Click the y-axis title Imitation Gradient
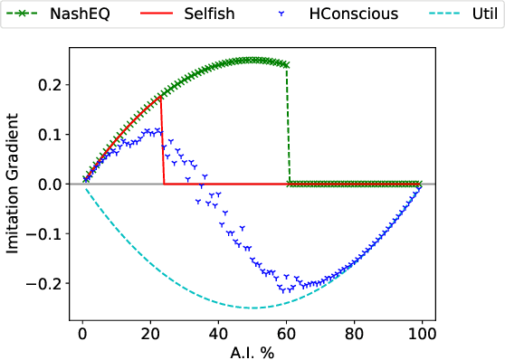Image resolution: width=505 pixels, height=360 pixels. [13, 184]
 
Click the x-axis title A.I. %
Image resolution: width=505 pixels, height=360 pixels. [252, 351]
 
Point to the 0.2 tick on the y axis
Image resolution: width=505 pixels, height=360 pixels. [49, 85]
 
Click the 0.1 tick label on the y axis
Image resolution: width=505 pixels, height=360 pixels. [49, 135]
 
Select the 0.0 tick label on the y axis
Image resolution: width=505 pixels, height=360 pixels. [49, 185]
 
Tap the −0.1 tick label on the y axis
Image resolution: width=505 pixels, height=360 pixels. [44, 234]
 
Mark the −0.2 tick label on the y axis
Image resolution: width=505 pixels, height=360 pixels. [44, 284]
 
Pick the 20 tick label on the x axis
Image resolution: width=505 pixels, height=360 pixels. [150, 331]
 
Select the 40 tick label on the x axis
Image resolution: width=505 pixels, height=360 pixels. [218, 331]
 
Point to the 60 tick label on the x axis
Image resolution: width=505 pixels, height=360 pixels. [286, 331]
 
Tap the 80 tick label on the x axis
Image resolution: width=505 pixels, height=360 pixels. [354, 331]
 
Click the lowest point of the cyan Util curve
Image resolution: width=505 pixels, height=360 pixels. [252, 308]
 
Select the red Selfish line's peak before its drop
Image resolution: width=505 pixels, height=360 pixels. [161, 95]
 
